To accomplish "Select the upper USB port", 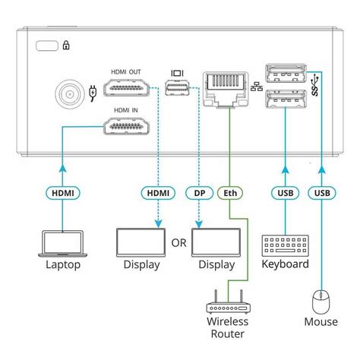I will [287, 76].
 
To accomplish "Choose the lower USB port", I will [287, 98].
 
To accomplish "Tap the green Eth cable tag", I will [227, 193].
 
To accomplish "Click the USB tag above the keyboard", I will [286, 193].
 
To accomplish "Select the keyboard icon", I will [286, 244].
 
